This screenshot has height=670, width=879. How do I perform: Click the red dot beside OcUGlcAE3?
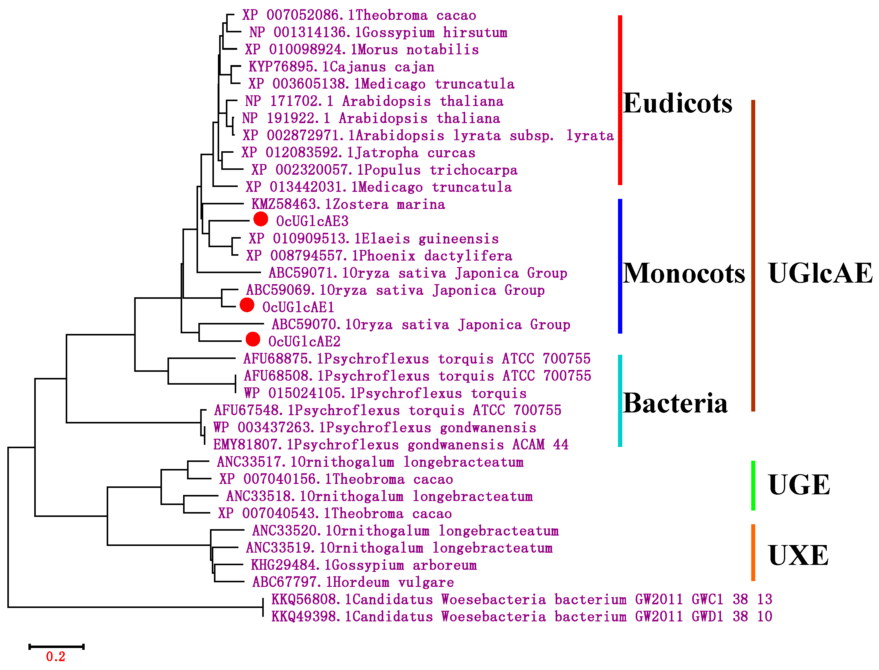click(260, 219)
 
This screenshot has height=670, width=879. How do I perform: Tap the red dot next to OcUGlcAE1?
click(247, 305)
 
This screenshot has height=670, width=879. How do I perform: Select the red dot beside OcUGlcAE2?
click(253, 339)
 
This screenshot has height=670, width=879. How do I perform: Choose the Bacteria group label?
click(675, 403)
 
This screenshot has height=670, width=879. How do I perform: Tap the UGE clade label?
click(799, 485)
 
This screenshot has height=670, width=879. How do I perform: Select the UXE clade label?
click(798, 555)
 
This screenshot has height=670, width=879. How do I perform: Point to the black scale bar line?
click(56, 646)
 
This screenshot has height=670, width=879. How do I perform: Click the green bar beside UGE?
click(753, 485)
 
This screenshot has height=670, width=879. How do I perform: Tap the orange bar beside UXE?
click(753, 552)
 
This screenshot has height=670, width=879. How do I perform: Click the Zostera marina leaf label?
click(348, 204)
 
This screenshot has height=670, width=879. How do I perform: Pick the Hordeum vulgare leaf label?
click(353, 582)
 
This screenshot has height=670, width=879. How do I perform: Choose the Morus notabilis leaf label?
click(362, 49)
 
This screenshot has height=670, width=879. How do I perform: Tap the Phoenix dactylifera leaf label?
click(379, 256)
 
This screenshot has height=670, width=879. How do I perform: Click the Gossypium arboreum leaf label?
click(363, 565)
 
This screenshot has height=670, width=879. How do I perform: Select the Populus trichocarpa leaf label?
click(384, 170)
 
